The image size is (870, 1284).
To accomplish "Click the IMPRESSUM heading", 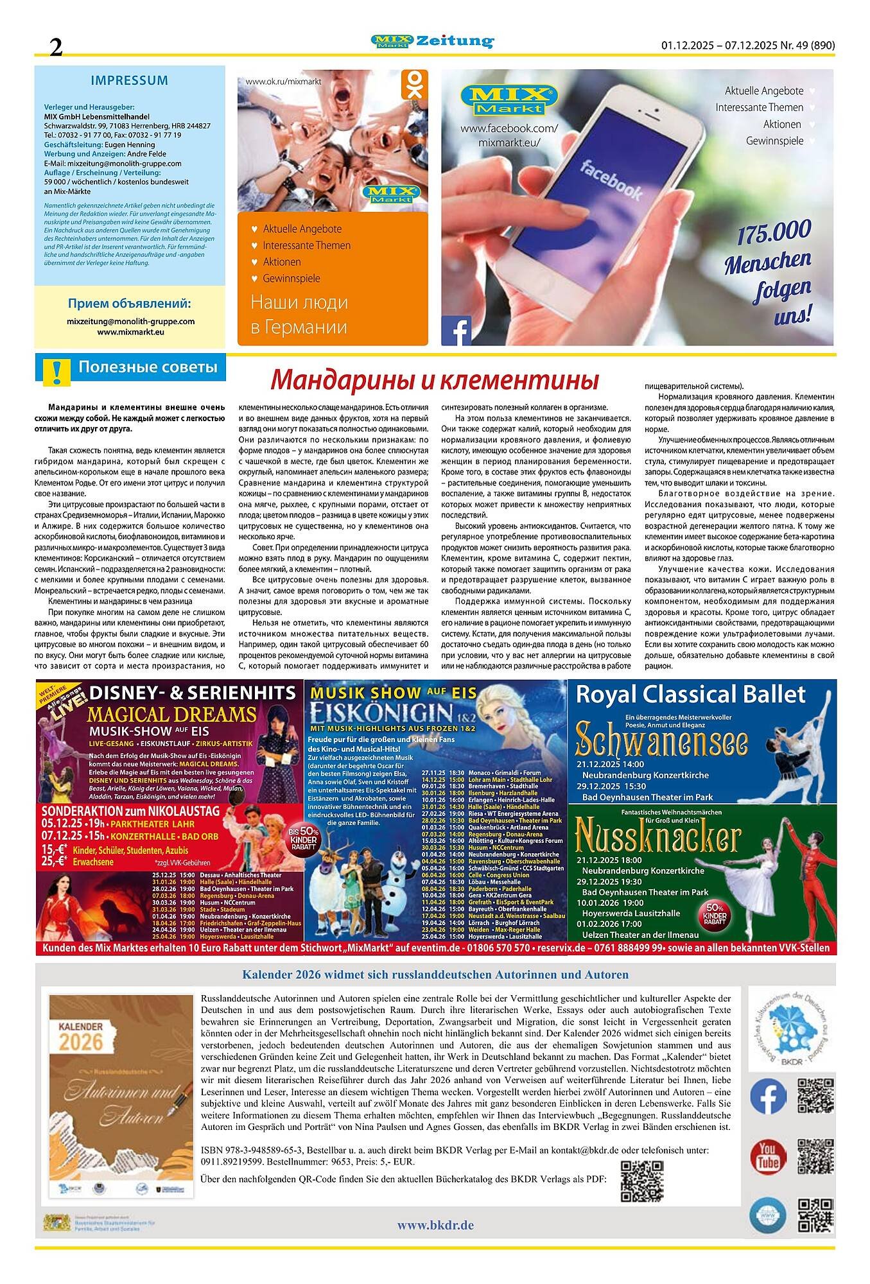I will click(129, 81).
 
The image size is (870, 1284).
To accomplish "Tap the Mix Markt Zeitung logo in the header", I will click(432, 42).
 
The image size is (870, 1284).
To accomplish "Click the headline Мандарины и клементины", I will click(434, 380).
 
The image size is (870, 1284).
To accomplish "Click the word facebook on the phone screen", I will click(611, 180).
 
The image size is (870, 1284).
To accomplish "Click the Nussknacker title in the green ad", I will click(657, 838).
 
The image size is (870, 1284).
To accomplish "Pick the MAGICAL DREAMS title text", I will click(171, 714).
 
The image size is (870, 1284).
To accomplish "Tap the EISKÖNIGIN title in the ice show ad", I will click(387, 713).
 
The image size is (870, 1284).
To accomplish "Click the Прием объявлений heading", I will click(129, 303).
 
